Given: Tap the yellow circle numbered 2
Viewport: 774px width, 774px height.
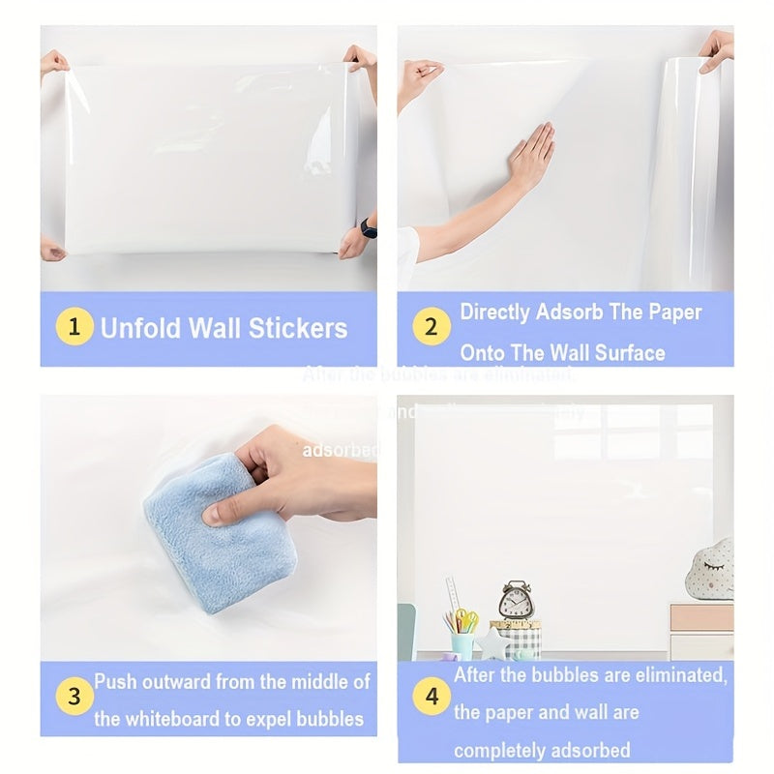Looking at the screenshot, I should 432,327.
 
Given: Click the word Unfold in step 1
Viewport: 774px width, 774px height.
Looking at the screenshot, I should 142,328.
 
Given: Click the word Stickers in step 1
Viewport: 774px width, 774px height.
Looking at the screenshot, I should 299,328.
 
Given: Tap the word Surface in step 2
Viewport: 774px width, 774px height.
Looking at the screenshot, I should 630,353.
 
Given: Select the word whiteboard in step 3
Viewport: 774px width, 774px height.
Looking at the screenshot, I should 175,719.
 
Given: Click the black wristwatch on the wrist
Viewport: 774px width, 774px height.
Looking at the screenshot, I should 367,227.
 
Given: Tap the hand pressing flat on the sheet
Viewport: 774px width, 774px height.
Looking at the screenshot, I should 530,157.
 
